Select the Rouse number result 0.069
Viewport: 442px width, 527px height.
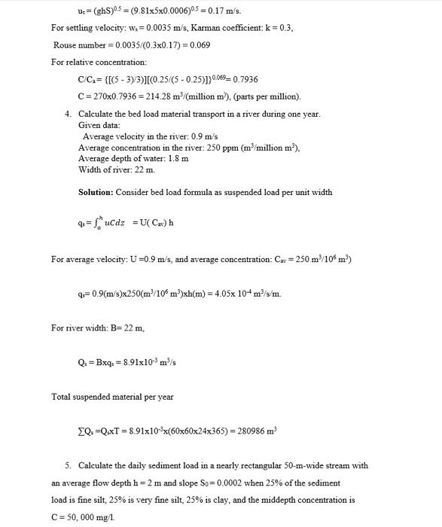coord(200,45)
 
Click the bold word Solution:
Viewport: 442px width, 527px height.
coord(98,192)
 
